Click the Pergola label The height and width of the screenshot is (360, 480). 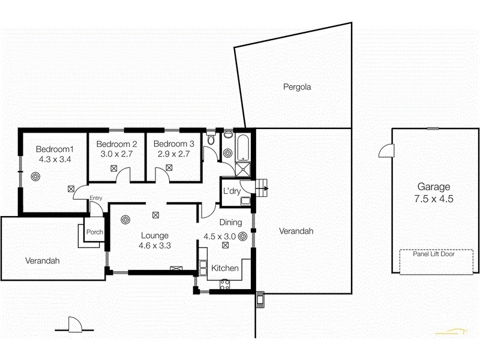tap(297, 87)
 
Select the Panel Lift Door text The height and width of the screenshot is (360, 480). tap(433, 254)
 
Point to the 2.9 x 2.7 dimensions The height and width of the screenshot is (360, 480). tap(173, 154)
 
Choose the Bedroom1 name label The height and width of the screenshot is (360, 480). tap(55, 149)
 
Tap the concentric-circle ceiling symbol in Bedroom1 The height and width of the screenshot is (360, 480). tap(36, 177)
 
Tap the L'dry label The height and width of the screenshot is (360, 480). tap(232, 191)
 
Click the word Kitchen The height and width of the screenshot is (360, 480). tap(225, 268)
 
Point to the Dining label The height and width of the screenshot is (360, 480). tap(230, 223)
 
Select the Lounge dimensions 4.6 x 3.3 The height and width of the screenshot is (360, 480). tap(155, 245)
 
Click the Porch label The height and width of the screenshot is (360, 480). tap(95, 232)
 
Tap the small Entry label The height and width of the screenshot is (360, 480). tap(95, 198)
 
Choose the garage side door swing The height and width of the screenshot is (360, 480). tap(385, 151)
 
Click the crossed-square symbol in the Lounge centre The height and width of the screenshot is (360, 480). tap(156, 214)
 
